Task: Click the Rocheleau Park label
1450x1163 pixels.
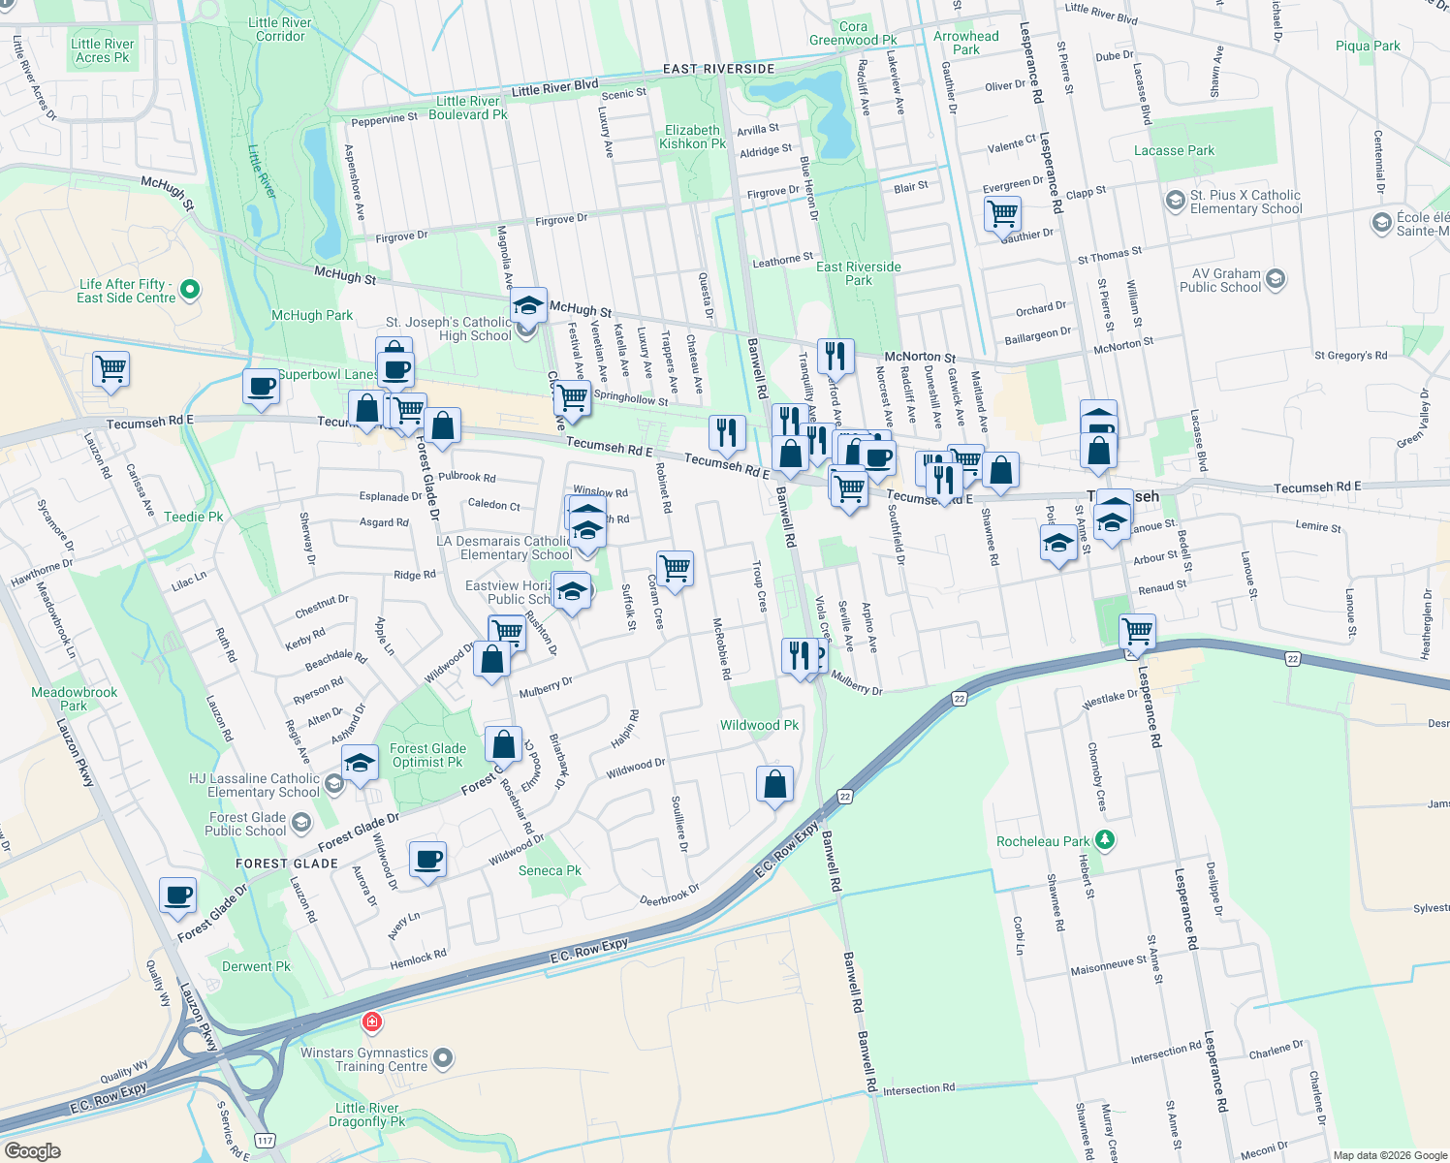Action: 1043,841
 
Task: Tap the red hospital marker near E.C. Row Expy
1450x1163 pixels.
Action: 371,1022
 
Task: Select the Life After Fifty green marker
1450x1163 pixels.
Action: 190,289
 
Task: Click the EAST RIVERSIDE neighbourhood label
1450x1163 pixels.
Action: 718,69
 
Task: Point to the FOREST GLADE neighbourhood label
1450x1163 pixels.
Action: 287,864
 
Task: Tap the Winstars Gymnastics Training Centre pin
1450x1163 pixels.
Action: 443,1058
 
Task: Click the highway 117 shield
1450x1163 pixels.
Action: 265,1141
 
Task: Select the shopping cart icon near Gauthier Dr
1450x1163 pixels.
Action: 1002,212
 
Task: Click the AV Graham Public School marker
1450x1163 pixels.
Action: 1276,280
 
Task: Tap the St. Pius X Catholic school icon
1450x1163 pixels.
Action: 1175,201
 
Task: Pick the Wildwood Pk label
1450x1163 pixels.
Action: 759,725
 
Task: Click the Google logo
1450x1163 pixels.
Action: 32,1151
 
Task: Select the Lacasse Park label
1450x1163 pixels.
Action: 1174,150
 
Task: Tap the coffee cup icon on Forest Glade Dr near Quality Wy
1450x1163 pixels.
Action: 178,895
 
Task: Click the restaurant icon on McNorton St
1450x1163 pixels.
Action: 835,356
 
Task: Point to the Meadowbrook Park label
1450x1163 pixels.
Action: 75,699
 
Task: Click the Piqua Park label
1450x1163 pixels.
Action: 1367,46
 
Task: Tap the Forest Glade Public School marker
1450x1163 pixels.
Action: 301,824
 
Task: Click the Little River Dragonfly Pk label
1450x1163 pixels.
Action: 366,1115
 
